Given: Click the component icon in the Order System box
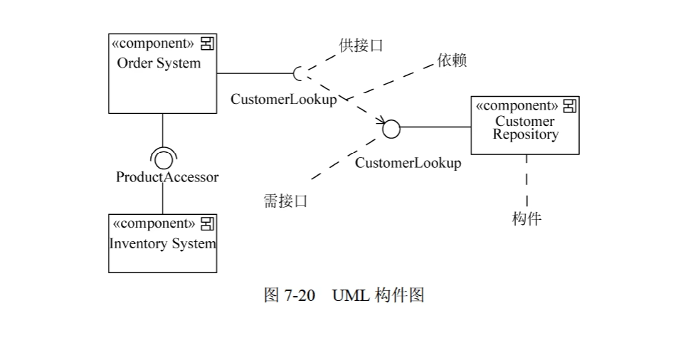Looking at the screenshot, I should pyautogui.click(x=207, y=44).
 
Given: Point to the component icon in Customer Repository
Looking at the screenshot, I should pyautogui.click(x=569, y=106).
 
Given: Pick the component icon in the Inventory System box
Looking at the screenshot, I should pyautogui.click(x=207, y=224).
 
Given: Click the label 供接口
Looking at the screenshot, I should pyautogui.click(x=361, y=46).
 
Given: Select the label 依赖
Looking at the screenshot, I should pyautogui.click(x=452, y=60).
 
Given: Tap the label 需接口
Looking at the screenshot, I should pyautogui.click(x=285, y=201).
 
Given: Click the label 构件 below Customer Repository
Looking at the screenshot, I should pyautogui.click(x=527, y=218).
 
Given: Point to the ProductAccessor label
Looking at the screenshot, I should pyautogui.click(x=167, y=177).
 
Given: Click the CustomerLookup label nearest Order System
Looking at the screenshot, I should pyautogui.click(x=283, y=100).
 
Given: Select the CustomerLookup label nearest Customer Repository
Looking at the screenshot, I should pyautogui.click(x=408, y=163).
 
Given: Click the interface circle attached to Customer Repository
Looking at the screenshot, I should pyautogui.click(x=391, y=129).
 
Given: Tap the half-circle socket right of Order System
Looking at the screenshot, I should pyautogui.click(x=299, y=73).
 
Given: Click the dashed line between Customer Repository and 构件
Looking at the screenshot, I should pyautogui.click(x=527, y=181).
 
